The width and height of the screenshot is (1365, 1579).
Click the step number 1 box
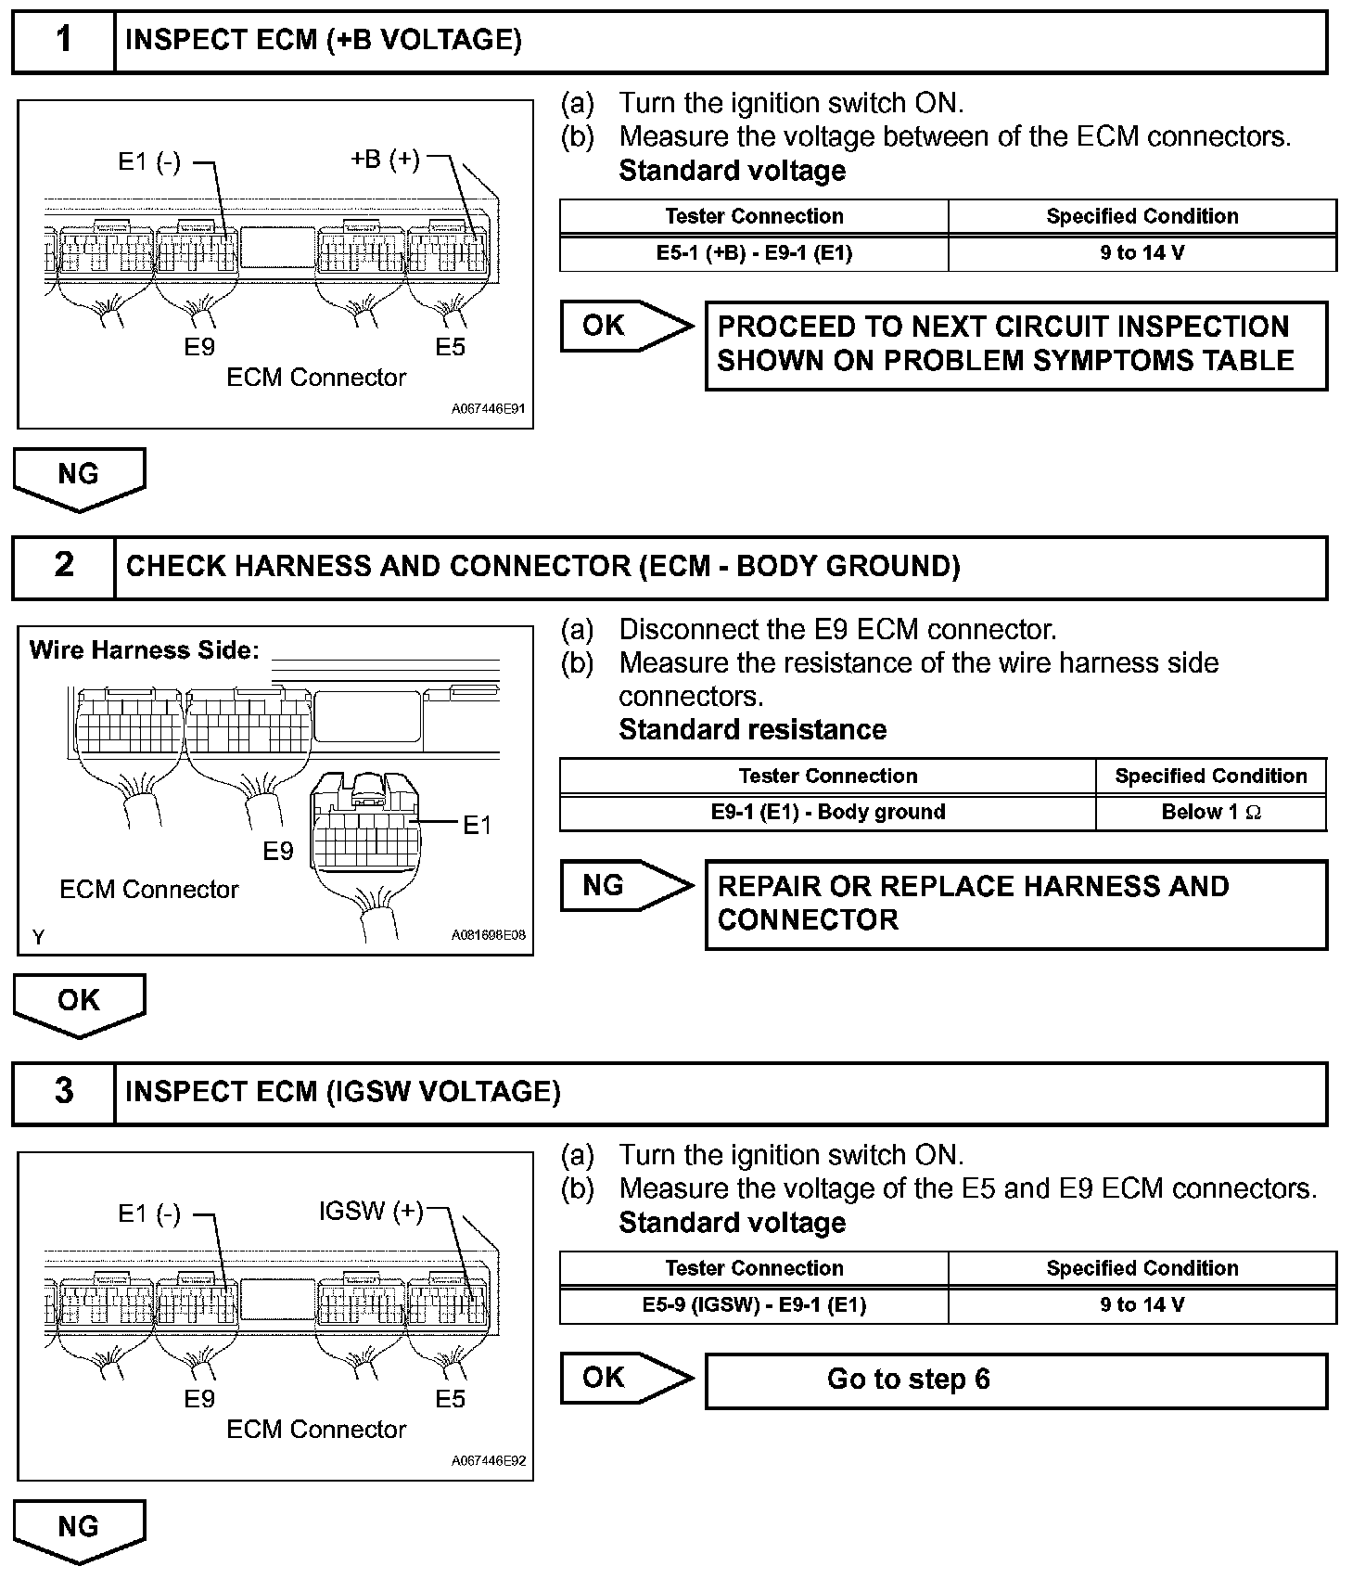(x=63, y=41)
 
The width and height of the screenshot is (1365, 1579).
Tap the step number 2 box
(x=63, y=566)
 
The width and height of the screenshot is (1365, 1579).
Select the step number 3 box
(x=63, y=1092)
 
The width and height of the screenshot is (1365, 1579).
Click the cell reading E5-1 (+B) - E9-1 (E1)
(x=754, y=252)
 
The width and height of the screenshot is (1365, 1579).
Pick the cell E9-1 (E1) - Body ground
(x=827, y=812)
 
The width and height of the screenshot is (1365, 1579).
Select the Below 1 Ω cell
(x=1211, y=812)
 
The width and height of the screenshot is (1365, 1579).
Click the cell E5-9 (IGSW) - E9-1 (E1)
(x=754, y=1304)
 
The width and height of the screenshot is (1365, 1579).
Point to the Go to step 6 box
(x=1016, y=1380)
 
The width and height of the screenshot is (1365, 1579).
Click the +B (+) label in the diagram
(x=385, y=160)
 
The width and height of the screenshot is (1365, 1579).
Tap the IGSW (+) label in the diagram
(x=371, y=1211)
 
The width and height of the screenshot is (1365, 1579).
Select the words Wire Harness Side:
(x=145, y=649)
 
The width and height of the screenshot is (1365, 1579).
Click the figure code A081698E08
(x=489, y=935)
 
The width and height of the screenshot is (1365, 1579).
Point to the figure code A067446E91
(x=489, y=409)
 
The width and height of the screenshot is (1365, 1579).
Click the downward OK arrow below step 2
(x=79, y=1004)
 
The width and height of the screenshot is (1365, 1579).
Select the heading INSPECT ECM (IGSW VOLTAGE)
(x=343, y=1092)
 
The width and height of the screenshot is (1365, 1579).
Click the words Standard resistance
(x=752, y=730)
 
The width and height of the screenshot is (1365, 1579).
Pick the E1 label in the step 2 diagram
(x=477, y=825)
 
